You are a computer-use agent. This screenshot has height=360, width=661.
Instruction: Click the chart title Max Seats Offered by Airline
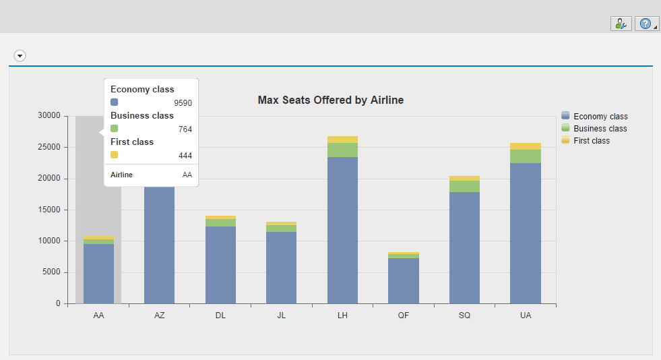(x=330, y=100)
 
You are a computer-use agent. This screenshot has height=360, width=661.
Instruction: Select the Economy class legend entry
(x=600, y=117)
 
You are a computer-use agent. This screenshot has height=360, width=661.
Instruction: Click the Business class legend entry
(x=600, y=129)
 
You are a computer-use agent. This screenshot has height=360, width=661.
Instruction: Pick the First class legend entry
(x=591, y=140)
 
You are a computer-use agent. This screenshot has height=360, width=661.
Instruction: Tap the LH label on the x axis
(x=342, y=316)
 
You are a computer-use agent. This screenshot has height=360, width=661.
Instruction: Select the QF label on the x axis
(x=403, y=316)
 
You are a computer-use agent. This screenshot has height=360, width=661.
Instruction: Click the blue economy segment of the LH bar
(x=342, y=229)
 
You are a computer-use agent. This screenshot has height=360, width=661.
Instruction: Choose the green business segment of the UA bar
(x=526, y=156)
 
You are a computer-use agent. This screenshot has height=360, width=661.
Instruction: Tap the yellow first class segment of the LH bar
(x=342, y=140)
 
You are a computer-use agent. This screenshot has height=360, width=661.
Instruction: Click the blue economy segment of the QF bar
(x=403, y=280)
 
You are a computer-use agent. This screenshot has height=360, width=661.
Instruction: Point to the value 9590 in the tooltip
(x=183, y=103)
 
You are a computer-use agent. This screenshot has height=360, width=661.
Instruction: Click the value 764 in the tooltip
(x=185, y=129)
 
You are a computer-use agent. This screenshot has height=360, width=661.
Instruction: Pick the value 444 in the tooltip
(x=185, y=156)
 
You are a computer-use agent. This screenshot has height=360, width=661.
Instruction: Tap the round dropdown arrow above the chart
(x=20, y=55)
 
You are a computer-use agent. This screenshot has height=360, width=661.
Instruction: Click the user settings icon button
(x=621, y=24)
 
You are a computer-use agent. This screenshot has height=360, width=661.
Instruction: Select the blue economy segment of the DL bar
(x=220, y=264)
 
